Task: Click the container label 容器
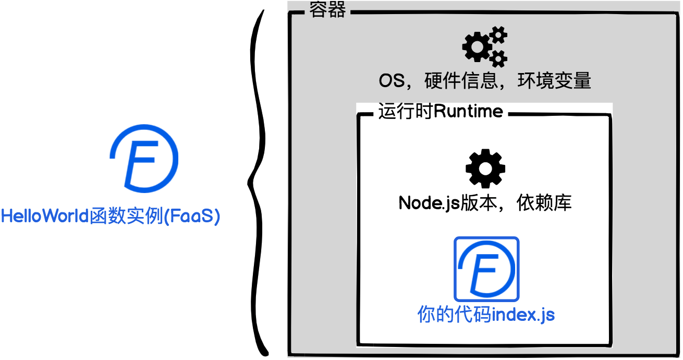pyautogui.click(x=327, y=9)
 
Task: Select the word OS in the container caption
pyautogui.click(x=392, y=81)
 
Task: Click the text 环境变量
pyautogui.click(x=554, y=81)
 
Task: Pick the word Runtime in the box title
pyautogui.click(x=468, y=111)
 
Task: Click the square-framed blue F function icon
pyautogui.click(x=486, y=269)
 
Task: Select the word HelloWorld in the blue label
pyautogui.click(x=46, y=216)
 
